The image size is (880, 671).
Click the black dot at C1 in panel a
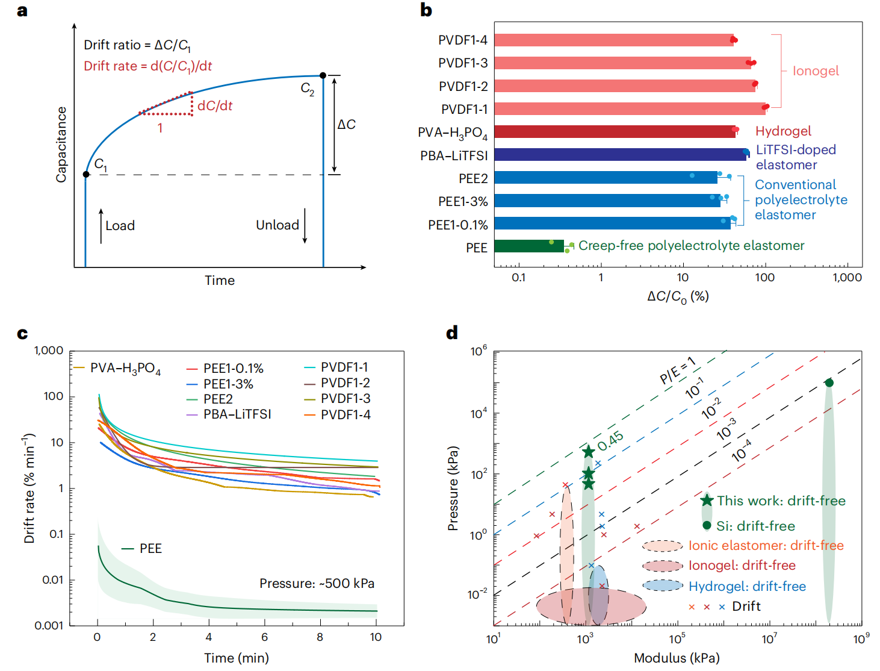pyautogui.click(x=86, y=174)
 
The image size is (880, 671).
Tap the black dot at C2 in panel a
pyautogui.click(x=323, y=75)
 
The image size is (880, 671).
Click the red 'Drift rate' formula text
pyautogui.click(x=147, y=66)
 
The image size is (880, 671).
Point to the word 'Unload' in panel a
pyautogui.click(x=277, y=225)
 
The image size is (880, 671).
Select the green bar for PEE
pyautogui.click(x=529, y=246)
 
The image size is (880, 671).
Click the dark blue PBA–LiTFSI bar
pyautogui.click(x=620, y=155)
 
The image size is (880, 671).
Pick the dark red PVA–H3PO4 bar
pyautogui.click(x=614, y=132)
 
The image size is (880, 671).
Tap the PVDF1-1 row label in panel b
pyautogui.click(x=464, y=110)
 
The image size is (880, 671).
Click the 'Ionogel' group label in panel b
pyautogui.click(x=816, y=71)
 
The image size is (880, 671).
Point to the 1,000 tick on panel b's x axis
pyautogui.click(x=847, y=278)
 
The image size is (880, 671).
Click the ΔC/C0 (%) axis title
pyautogui.click(x=678, y=296)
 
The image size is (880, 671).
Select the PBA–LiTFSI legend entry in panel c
pyautogui.click(x=237, y=414)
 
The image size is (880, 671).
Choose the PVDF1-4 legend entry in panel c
pyautogui.click(x=345, y=414)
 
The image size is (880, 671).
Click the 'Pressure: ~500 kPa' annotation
pyautogui.click(x=317, y=584)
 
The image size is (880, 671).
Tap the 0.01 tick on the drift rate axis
pyautogui.click(x=52, y=580)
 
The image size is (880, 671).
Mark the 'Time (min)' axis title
pyautogui.click(x=237, y=658)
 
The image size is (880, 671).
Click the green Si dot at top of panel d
pyautogui.click(x=829, y=383)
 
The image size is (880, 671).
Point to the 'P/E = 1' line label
pyautogui.click(x=678, y=370)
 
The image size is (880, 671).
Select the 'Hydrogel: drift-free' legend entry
pyautogui.click(x=747, y=586)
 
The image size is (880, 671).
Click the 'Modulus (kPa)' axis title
pyautogui.click(x=677, y=658)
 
